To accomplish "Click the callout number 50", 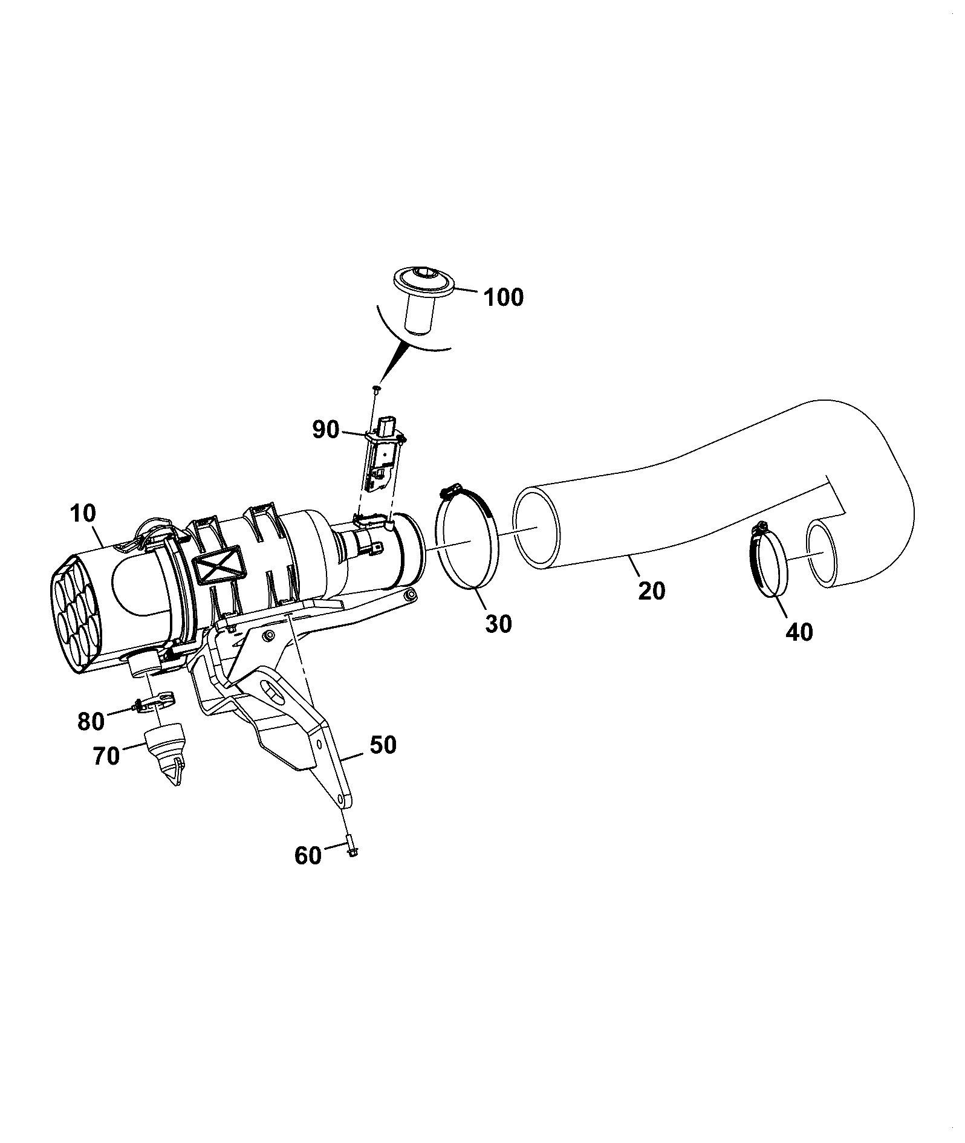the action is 383,745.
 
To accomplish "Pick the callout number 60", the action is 308,856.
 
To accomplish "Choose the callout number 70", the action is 106,756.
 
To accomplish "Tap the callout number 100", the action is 503,297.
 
